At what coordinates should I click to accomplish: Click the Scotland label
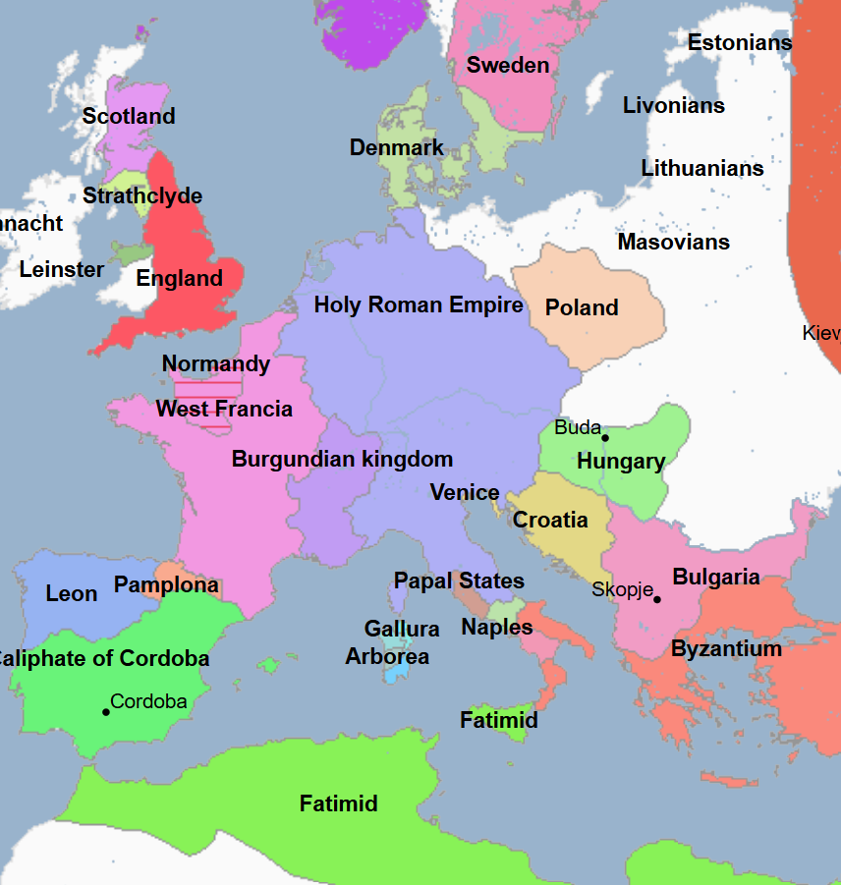click(x=129, y=116)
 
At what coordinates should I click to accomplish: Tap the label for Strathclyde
click(x=142, y=195)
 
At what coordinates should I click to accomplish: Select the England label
click(x=179, y=278)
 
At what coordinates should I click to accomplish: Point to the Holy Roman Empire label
click(x=419, y=304)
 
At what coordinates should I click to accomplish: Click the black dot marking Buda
click(x=605, y=438)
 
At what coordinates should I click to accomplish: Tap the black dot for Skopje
click(x=657, y=599)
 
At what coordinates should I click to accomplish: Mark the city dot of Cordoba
click(x=106, y=711)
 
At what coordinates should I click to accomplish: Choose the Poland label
click(x=582, y=307)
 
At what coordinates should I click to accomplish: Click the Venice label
click(x=465, y=492)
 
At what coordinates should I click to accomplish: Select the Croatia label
click(x=550, y=520)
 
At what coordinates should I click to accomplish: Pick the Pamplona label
click(x=166, y=584)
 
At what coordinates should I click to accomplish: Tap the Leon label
click(x=72, y=593)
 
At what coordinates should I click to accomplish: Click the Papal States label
click(x=459, y=581)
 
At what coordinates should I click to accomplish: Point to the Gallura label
click(x=402, y=629)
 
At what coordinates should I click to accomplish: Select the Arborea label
click(x=387, y=656)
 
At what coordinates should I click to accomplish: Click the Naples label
click(x=497, y=627)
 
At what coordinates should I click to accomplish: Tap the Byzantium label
click(x=726, y=648)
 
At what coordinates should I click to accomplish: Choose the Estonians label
click(x=740, y=42)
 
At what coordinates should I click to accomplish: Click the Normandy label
click(x=215, y=363)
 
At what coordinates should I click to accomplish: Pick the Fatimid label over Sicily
click(x=499, y=720)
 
